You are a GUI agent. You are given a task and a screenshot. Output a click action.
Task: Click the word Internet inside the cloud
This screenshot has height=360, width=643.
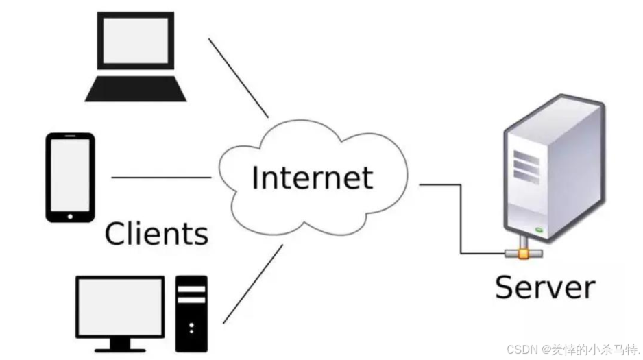tap(312, 178)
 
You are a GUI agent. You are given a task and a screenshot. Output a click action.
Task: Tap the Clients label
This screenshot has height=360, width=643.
tap(156, 233)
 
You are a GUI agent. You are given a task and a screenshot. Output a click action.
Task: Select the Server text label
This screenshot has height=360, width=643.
tap(544, 286)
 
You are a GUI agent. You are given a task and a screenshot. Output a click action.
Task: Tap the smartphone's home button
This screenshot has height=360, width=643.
tap(70, 216)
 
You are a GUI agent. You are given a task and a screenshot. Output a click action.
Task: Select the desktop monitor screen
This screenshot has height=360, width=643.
tap(120, 305)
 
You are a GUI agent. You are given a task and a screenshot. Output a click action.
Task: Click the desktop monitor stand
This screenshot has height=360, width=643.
tap(120, 343)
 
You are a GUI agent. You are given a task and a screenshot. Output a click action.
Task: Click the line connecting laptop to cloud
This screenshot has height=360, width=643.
tap(238, 77)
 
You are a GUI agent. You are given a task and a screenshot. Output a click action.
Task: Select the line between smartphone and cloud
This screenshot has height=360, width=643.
tap(161, 178)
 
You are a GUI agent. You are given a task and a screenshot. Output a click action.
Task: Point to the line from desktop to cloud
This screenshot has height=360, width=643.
tap(252, 283)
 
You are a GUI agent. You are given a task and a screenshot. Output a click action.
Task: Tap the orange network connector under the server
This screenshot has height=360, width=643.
tap(523, 254)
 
